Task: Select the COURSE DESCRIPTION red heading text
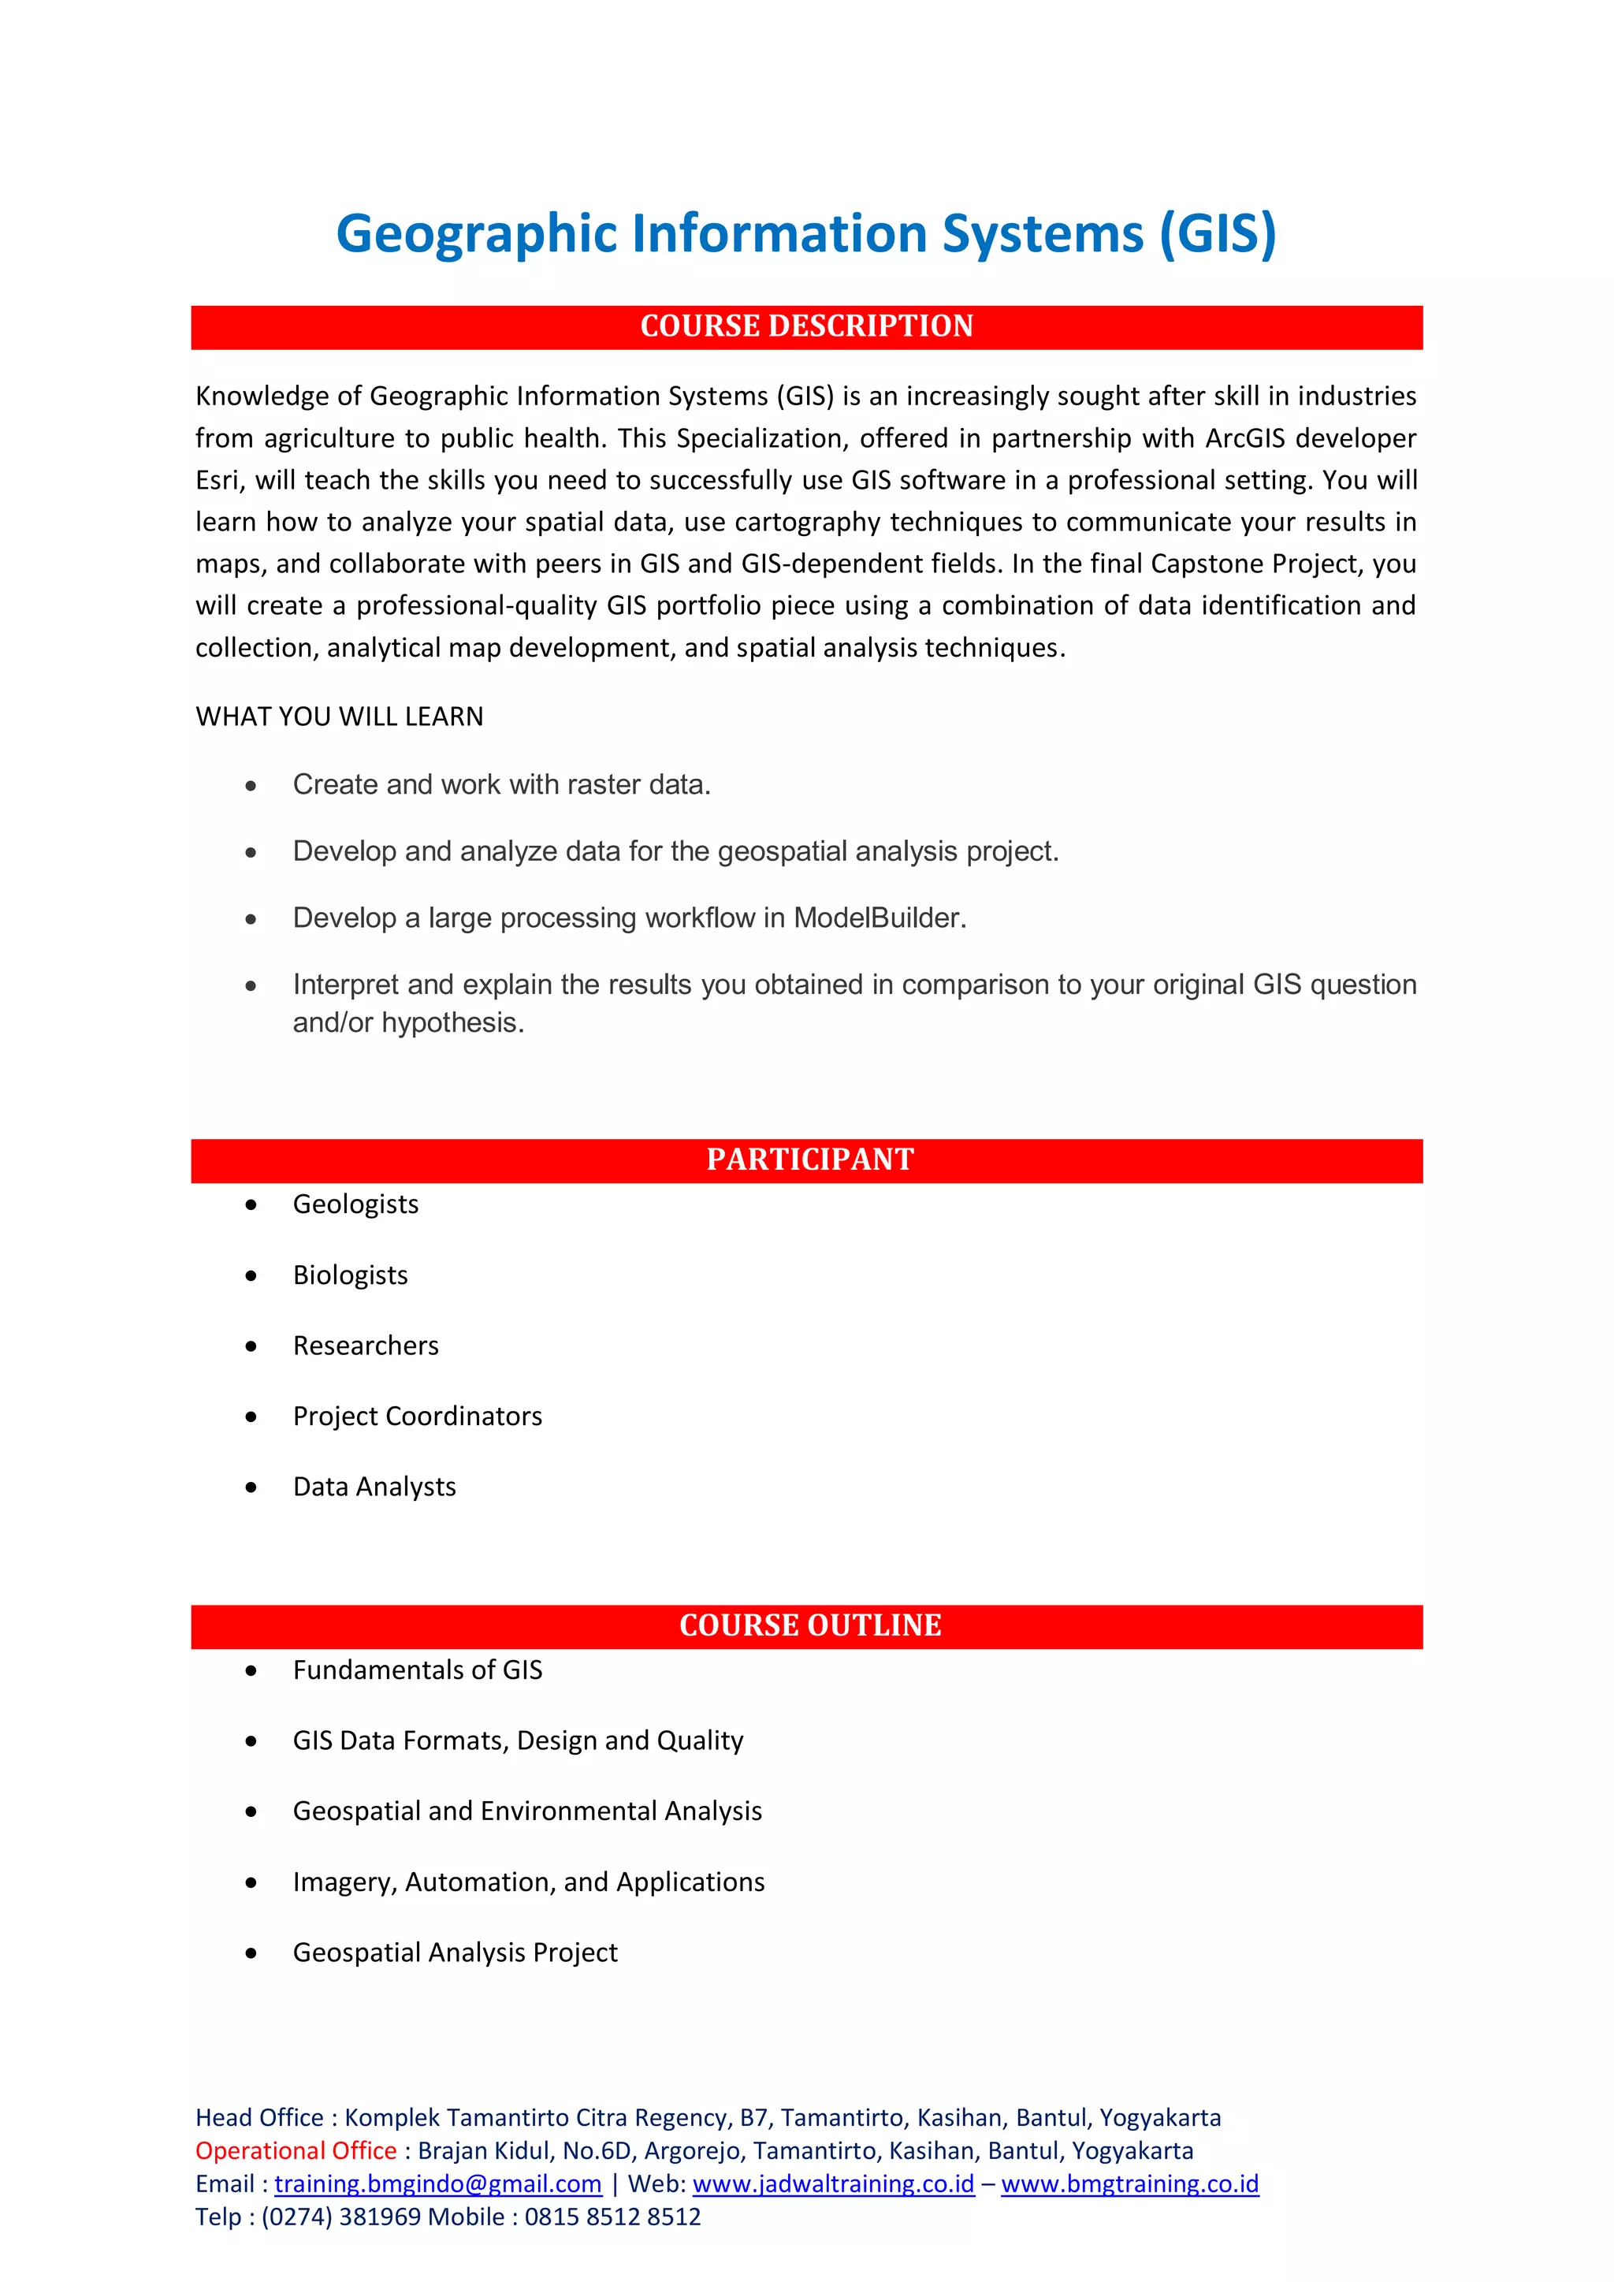[x=806, y=326]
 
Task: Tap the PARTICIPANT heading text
[x=809, y=1160]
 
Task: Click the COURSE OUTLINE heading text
[x=809, y=1625]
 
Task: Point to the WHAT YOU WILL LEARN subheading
[x=339, y=717]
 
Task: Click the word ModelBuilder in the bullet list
[x=879, y=918]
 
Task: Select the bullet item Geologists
[x=355, y=1204]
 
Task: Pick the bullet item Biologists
[x=350, y=1275]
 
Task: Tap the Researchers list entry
[x=365, y=1346]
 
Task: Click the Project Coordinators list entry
[x=418, y=1416]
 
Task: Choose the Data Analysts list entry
[x=374, y=1487]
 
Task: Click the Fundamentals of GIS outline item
[x=418, y=1670]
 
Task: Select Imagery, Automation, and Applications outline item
[x=529, y=1882]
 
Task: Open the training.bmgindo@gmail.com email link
[x=437, y=2183]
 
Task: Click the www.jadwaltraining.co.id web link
[x=833, y=2183]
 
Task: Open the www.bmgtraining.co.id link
[x=1129, y=2183]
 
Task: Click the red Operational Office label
[x=296, y=2151]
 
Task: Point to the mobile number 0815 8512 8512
[x=612, y=2217]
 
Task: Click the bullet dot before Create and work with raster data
[x=251, y=786]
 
